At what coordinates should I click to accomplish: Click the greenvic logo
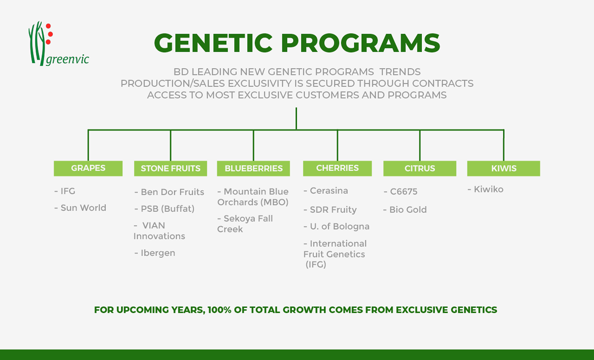59,43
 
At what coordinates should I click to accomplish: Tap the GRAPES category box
88,168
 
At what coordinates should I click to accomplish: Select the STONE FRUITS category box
170,168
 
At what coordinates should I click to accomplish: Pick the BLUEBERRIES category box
253,168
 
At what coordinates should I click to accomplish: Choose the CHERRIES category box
337,168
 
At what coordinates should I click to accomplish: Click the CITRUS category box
420,168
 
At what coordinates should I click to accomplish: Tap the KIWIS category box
504,168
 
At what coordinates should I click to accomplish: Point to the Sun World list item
80,208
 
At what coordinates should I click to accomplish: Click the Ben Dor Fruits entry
169,192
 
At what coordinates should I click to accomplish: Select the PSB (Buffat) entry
165,209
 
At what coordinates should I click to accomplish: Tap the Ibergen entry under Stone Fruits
155,253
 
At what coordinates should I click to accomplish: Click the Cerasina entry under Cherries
326,191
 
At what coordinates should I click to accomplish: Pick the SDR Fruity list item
330,210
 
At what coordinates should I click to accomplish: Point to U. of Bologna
337,227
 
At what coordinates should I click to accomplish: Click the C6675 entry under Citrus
401,192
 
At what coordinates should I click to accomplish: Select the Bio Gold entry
405,210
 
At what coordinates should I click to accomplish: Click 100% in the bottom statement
219,310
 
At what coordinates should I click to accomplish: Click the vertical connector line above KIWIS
504,145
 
